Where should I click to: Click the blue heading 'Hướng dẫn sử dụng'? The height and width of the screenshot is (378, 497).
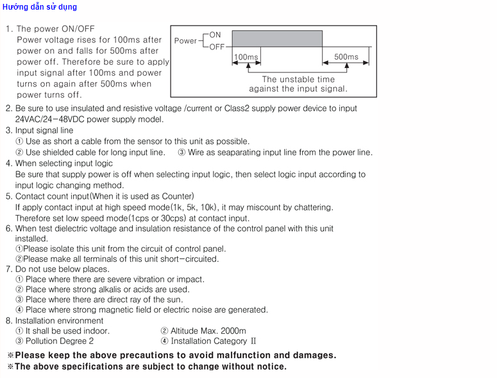39,7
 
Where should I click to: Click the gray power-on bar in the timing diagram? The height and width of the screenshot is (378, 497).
277,39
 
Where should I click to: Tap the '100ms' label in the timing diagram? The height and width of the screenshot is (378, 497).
246,57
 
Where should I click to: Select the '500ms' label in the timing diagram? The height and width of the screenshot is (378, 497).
346,57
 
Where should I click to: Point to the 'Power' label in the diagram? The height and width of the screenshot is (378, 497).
185,40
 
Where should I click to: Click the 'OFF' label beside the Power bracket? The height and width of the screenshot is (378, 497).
217,47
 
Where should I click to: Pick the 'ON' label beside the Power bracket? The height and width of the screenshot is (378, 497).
215,35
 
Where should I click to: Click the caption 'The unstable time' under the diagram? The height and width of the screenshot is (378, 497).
298,80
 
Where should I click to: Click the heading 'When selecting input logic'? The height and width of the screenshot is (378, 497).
63,163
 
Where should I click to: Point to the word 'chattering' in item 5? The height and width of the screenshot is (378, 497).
312,207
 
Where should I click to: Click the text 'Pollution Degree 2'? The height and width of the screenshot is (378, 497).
59,341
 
